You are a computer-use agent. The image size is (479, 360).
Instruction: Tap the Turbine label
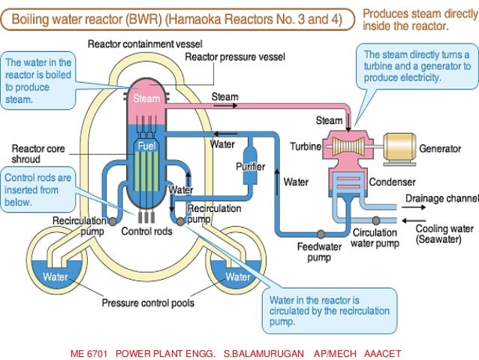[306, 147]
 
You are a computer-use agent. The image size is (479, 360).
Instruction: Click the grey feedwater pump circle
[320, 234]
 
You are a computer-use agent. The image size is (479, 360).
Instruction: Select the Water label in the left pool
[55, 277]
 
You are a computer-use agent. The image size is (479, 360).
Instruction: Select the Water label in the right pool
[238, 277]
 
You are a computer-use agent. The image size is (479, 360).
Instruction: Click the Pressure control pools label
[148, 304]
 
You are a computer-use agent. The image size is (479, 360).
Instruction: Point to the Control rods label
[146, 231]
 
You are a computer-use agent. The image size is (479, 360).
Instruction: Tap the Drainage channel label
[441, 198]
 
